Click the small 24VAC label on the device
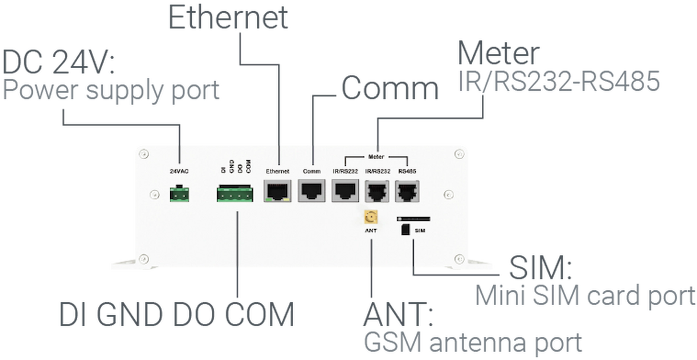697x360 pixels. [x=179, y=171]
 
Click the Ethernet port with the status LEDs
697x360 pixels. [x=278, y=191]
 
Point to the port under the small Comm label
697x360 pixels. [x=311, y=191]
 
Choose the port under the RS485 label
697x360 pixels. [x=407, y=191]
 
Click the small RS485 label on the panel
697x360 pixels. [x=407, y=171]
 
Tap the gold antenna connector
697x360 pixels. [x=371, y=218]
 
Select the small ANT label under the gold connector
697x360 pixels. [x=371, y=230]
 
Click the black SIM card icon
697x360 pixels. [x=405, y=230]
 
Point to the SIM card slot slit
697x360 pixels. [x=413, y=219]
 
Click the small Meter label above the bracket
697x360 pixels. [x=376, y=157]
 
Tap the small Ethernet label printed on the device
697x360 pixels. [x=278, y=171]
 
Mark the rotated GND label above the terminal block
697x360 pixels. [x=232, y=166]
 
